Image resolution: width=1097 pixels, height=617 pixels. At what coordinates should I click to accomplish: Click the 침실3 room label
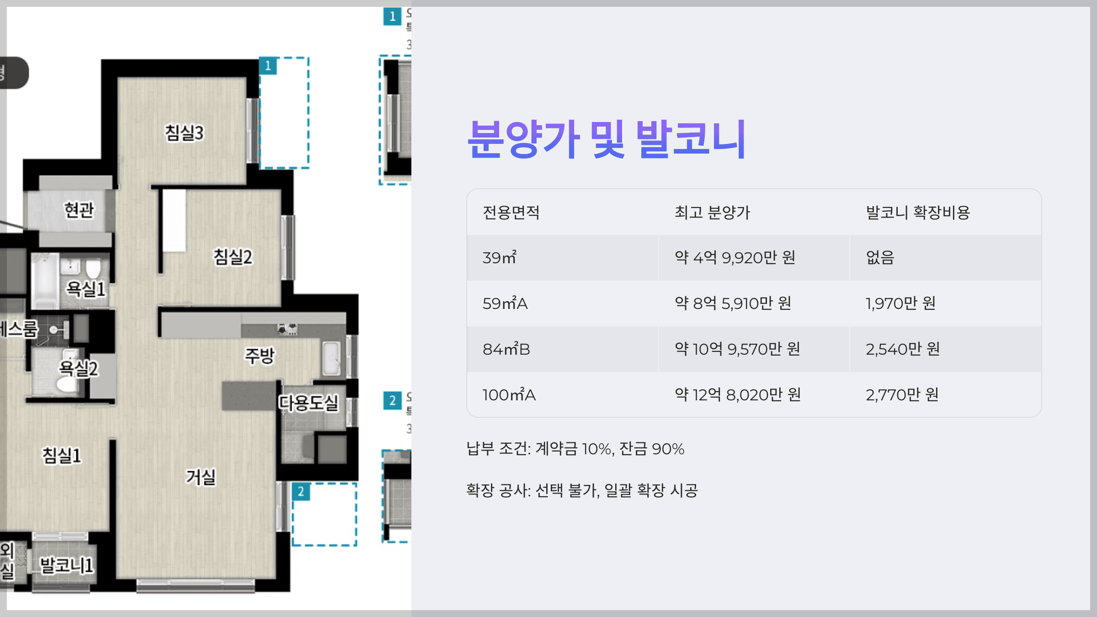tap(184, 133)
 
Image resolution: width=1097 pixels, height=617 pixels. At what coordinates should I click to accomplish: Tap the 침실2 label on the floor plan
tap(233, 257)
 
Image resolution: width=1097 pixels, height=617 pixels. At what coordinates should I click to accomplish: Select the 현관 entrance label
tap(79, 210)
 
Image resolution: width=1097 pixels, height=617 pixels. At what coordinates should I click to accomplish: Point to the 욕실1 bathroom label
tap(86, 289)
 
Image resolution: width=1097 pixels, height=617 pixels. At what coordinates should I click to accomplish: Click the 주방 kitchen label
tap(260, 356)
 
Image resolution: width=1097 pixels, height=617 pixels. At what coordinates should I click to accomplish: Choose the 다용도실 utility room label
tap(309, 403)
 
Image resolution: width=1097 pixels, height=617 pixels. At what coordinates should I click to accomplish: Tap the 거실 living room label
tap(201, 477)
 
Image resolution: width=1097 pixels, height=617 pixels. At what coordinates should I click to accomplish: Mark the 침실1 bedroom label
tap(62, 455)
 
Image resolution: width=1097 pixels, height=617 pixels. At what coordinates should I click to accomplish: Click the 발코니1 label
tap(67, 565)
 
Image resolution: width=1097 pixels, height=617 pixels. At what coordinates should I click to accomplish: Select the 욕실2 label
tap(79, 368)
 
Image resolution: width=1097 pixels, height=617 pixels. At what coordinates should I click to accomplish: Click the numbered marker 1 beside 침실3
tap(268, 66)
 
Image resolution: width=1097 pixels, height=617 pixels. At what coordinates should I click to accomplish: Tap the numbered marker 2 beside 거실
tap(301, 492)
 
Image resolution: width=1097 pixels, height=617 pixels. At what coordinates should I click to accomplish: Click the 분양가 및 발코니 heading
tap(607, 139)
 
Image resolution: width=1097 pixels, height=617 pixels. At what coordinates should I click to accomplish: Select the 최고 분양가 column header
tap(712, 213)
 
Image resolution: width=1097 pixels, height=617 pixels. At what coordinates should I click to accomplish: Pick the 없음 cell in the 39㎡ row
tap(880, 258)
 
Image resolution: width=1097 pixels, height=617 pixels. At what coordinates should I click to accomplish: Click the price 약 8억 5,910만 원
tap(733, 303)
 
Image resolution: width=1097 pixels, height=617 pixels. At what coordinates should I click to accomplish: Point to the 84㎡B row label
tap(506, 349)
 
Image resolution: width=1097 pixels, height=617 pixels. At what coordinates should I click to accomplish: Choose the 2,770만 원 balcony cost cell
tap(902, 395)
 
